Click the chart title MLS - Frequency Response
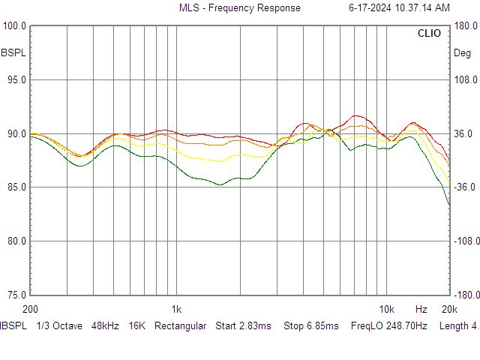tap(240, 7)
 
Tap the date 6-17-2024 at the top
tap(370, 7)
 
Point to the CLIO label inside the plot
tap(429, 33)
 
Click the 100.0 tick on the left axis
tap(14, 25)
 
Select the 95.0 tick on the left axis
tap(16, 80)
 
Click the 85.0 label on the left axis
tap(16, 187)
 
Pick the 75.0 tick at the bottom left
tap(16, 295)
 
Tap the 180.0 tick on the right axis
tap(466, 25)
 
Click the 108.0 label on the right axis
tap(466, 80)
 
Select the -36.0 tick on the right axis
tap(465, 187)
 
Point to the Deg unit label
tap(462, 53)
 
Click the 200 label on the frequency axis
tap(30, 309)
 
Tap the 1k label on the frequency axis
tap(176, 309)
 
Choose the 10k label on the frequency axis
tap(387, 309)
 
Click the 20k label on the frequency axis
tap(449, 309)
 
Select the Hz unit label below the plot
tap(421, 309)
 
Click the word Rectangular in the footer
tap(180, 326)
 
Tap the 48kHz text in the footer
tap(105, 325)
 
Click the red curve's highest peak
tap(355, 115)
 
